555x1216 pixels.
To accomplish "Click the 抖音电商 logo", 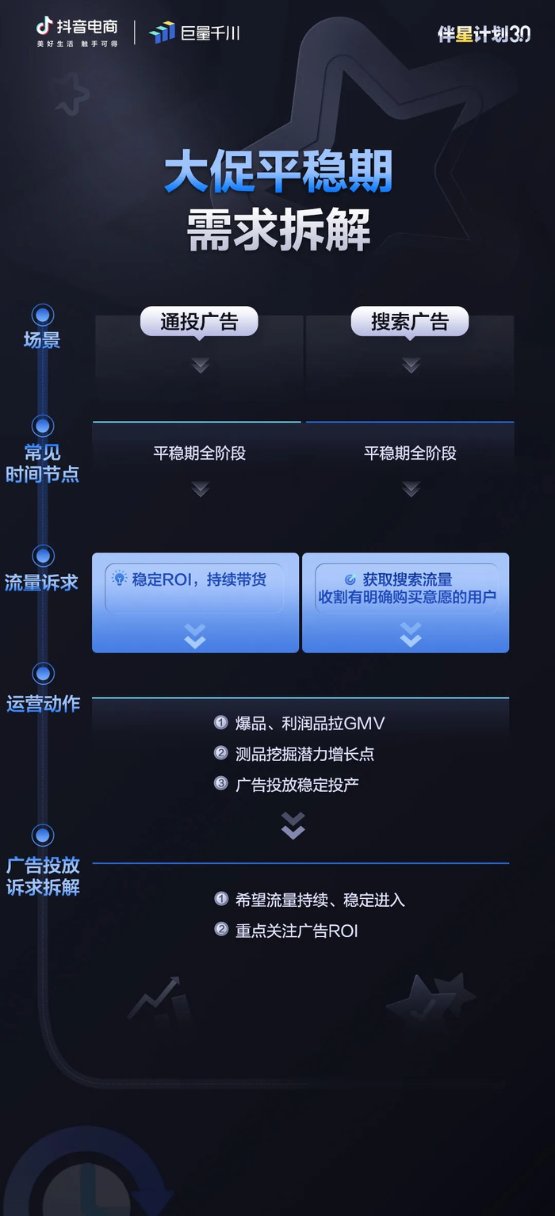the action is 77,31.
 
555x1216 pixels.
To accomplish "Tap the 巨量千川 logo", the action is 194,33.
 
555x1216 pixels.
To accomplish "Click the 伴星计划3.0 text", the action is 484,33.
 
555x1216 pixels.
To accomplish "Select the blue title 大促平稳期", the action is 278,174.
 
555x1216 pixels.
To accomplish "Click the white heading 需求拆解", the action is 278,230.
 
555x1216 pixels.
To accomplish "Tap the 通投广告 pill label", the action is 199,322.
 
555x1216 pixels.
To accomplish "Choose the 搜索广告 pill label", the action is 410,322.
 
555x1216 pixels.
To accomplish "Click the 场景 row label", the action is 42,340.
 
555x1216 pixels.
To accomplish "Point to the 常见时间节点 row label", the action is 42,464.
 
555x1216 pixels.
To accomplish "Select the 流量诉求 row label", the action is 42,583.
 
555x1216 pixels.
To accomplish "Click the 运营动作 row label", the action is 43,703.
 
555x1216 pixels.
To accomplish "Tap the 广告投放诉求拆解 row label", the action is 43,876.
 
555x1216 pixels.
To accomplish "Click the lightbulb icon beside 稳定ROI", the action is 120,579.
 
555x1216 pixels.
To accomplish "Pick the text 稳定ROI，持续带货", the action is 199,579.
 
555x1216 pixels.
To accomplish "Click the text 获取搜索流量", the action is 408,579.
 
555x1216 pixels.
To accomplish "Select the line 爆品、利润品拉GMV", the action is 310,723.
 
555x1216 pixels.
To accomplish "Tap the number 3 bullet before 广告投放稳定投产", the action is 221,783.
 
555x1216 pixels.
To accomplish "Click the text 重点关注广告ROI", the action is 297,931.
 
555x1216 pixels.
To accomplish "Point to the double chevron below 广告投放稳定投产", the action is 293,826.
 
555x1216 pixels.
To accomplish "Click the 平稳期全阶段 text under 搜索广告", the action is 410,453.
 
